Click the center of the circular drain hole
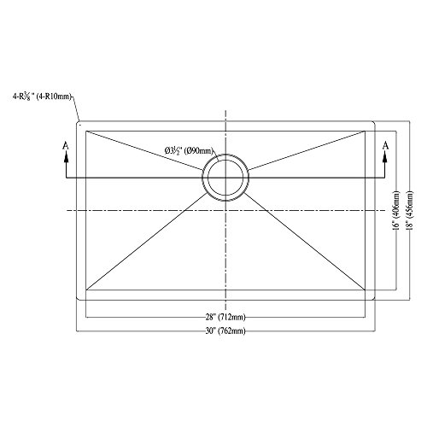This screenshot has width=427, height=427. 225,178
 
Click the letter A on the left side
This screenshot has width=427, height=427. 67,146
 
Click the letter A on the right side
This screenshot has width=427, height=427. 385,146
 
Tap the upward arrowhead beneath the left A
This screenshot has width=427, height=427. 67,158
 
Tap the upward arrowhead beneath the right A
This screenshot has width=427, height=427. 385,158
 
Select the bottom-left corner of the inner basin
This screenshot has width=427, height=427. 86,292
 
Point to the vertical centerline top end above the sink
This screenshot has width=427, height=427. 225,110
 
